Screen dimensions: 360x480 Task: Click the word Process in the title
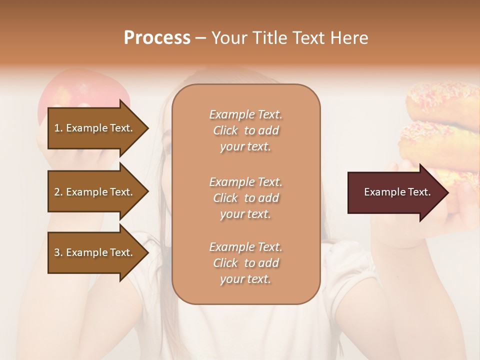[x=157, y=38]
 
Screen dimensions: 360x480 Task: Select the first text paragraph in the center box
[x=245, y=130]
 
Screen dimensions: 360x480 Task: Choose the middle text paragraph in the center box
[x=245, y=198]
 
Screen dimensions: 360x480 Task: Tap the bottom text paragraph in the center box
[x=245, y=263]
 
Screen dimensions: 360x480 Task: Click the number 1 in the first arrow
[x=57, y=128]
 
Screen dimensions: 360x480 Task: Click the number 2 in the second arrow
[x=57, y=192]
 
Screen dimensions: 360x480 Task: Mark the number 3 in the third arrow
[x=57, y=252]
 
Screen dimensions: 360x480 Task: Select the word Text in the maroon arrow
[x=419, y=192]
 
